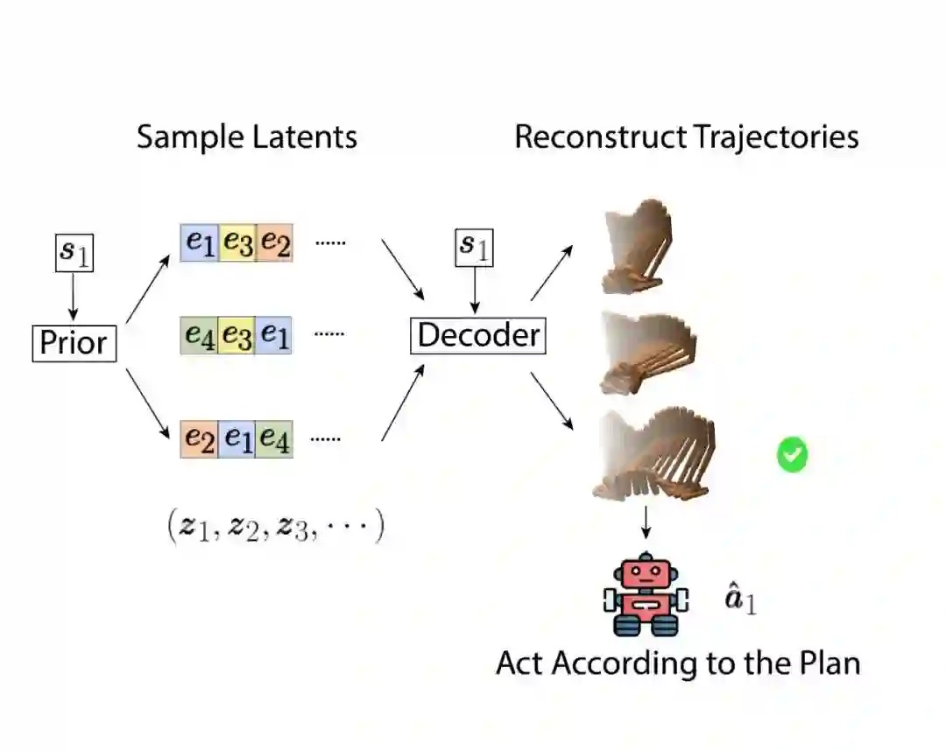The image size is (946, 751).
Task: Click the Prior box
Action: click(x=74, y=342)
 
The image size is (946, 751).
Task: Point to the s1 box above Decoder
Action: click(x=475, y=248)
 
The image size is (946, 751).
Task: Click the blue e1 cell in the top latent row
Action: click(x=199, y=243)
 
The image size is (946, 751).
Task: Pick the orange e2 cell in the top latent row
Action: click(x=274, y=243)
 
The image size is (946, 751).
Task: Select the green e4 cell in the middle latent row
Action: click(x=199, y=335)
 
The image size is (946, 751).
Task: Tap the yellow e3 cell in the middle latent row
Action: click(x=236, y=335)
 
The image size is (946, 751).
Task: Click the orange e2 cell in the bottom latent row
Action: click(x=199, y=438)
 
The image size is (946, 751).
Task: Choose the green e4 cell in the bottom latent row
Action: click(x=274, y=438)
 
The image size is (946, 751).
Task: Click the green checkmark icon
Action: click(x=792, y=455)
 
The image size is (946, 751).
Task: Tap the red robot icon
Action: click(x=646, y=594)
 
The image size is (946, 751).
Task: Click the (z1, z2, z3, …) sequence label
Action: click(x=275, y=527)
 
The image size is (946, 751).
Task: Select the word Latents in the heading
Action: click(x=303, y=137)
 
